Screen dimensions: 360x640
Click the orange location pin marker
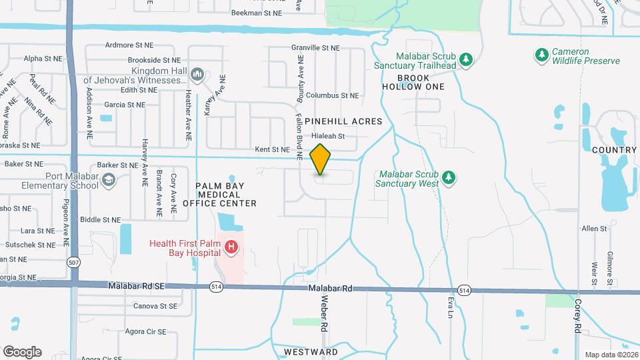click(x=321, y=159)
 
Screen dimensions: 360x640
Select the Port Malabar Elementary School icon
click(x=108, y=180)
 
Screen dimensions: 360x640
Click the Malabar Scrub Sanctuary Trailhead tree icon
click(x=466, y=60)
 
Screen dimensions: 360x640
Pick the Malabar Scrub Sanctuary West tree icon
click(x=449, y=177)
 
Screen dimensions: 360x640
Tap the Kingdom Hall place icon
click(x=197, y=73)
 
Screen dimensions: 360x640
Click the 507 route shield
click(x=72, y=263)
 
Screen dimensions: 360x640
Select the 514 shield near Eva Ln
click(x=464, y=290)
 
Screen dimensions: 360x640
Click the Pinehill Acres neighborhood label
click(x=343, y=121)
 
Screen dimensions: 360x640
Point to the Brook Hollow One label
click(x=413, y=82)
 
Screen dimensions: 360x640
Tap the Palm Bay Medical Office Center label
click(x=225, y=194)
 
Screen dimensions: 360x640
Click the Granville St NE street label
click(x=315, y=48)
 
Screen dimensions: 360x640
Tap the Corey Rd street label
click(x=577, y=317)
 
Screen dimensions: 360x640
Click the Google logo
click(x=22, y=351)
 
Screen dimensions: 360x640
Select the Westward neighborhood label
click(x=311, y=351)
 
